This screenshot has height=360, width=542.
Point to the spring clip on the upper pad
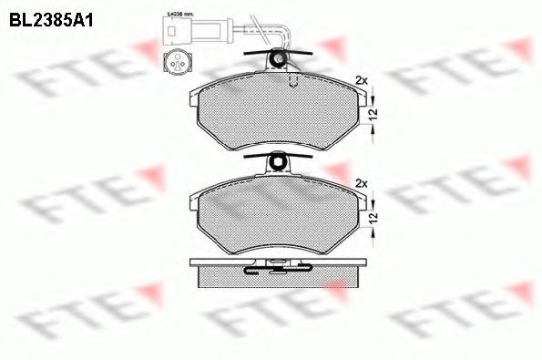point(281,60)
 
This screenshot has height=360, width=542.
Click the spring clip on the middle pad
point(281,164)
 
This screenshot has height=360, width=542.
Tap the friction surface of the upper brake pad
point(273,114)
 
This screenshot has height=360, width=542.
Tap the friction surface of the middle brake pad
point(273,214)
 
